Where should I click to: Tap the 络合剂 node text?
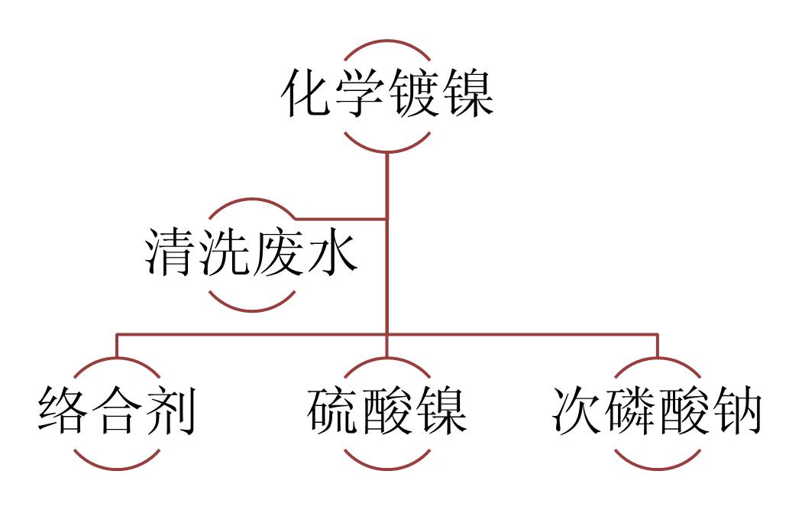tap(117, 413)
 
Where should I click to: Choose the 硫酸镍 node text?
tap(387, 413)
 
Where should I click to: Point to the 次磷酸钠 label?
tap(657, 413)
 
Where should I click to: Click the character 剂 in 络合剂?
tap(170, 413)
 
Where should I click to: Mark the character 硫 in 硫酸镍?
tap(334, 413)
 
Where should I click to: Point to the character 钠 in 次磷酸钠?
tap(736, 413)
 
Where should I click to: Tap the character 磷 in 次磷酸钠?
tap(630, 413)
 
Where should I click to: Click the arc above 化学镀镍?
tap(387, 41)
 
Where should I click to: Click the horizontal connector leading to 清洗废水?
tap(340, 219)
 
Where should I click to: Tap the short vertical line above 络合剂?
tap(117, 346)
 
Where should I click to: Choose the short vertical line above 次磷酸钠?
tap(657, 346)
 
